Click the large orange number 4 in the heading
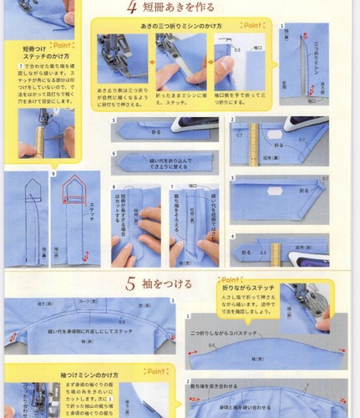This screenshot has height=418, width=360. pos(132,9)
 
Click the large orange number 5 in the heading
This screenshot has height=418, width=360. pos(131,283)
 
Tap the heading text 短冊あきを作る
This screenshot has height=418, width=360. pos(172,10)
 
